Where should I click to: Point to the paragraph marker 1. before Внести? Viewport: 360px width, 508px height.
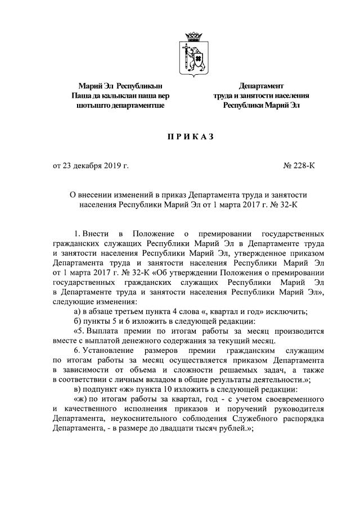tap(78, 233)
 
